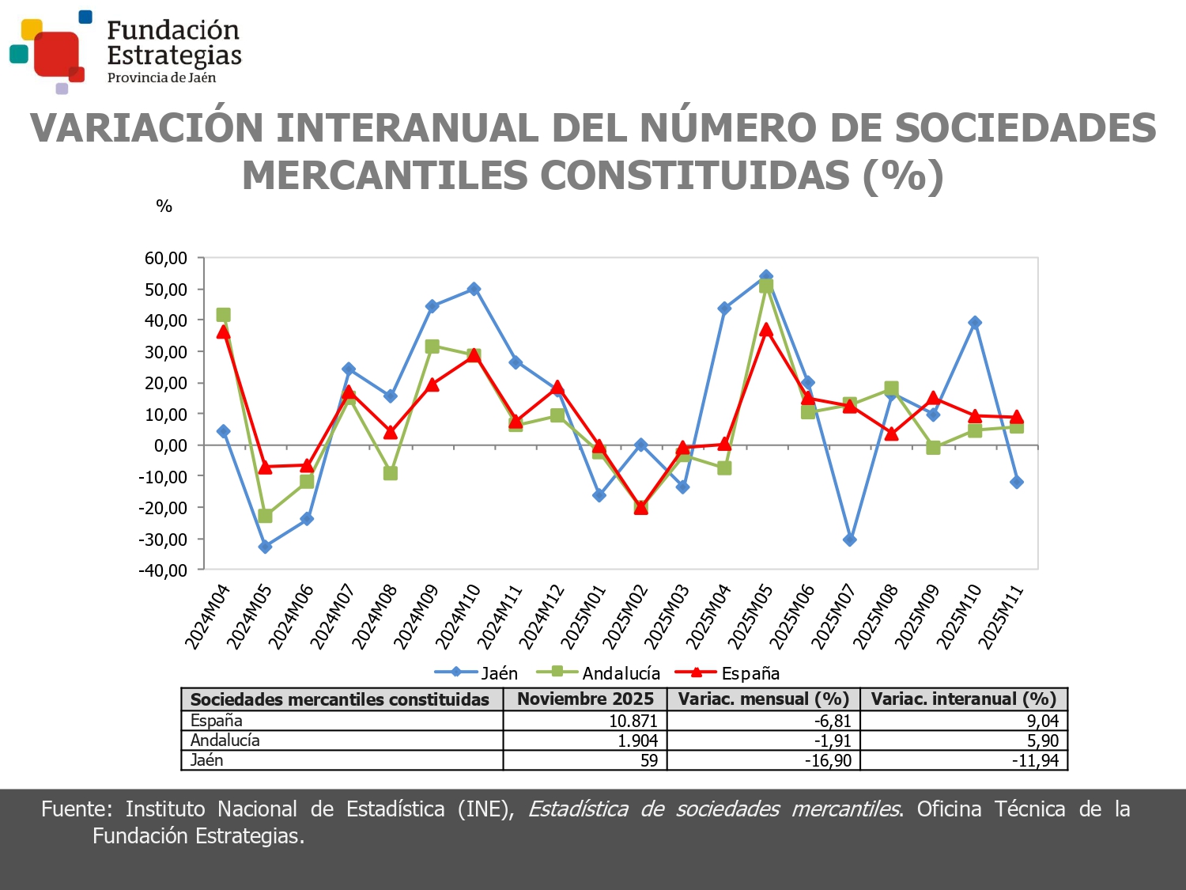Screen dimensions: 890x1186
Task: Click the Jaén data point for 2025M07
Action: [850, 540]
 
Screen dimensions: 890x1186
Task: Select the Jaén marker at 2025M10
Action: [975, 323]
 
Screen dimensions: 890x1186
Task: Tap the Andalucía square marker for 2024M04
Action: [223, 315]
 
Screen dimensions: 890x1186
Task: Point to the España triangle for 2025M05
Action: [766, 330]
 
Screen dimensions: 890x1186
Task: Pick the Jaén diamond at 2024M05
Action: [265, 547]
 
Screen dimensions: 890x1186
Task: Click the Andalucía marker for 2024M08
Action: [390, 473]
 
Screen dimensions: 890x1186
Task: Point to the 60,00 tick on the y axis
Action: [166, 258]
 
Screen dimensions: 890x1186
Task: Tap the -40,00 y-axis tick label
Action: [164, 570]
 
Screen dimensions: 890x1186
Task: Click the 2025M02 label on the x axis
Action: [625, 617]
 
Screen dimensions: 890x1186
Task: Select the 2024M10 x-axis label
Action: [458, 617]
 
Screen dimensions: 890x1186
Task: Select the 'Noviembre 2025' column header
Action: [585, 699]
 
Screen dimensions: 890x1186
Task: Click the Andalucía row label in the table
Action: [225, 740]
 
